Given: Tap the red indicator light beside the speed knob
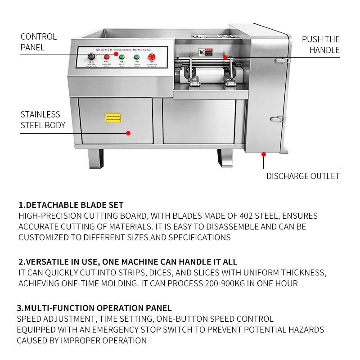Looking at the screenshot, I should point(107,57).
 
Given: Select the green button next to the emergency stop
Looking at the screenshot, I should point(136,57).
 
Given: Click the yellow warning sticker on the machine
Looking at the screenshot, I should point(113,118).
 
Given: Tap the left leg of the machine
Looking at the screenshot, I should point(95,159).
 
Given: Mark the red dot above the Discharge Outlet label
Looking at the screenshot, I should point(264,154).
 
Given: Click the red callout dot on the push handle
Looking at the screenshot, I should point(225,58).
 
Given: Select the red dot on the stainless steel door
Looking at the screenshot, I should point(128,133).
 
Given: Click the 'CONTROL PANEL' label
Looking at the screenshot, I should point(39,42).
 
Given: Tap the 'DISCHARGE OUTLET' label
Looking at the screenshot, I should point(303,176).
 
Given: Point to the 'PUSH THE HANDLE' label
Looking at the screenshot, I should point(320,45).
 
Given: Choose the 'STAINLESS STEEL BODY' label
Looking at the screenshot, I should point(43,120).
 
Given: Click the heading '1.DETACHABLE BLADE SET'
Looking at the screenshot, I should point(71,205).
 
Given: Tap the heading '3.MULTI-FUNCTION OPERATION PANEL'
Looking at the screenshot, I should point(94,308).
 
